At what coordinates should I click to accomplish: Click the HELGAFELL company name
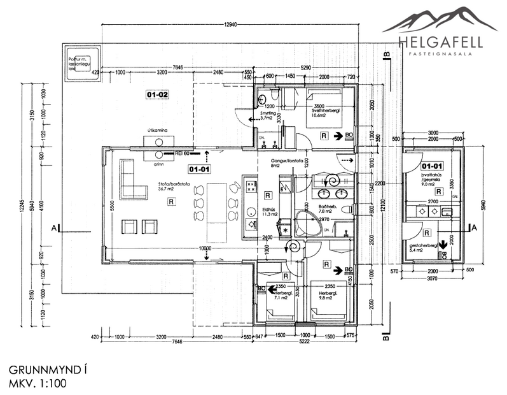[440, 43]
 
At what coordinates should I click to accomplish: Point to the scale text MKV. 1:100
[34, 384]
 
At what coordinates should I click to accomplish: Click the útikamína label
[157, 131]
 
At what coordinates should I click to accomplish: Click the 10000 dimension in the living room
[204, 248]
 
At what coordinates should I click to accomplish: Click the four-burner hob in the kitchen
[251, 187]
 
